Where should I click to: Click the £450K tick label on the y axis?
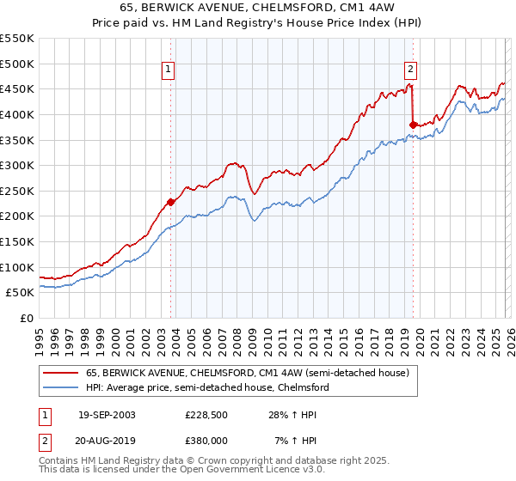click(x=17, y=88)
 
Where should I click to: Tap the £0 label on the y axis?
click(x=26, y=318)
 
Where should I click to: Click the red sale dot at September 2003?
click(x=171, y=202)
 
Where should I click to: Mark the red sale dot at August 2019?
click(x=413, y=125)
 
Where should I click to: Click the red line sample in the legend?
click(x=60, y=373)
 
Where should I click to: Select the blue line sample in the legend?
click(x=60, y=387)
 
